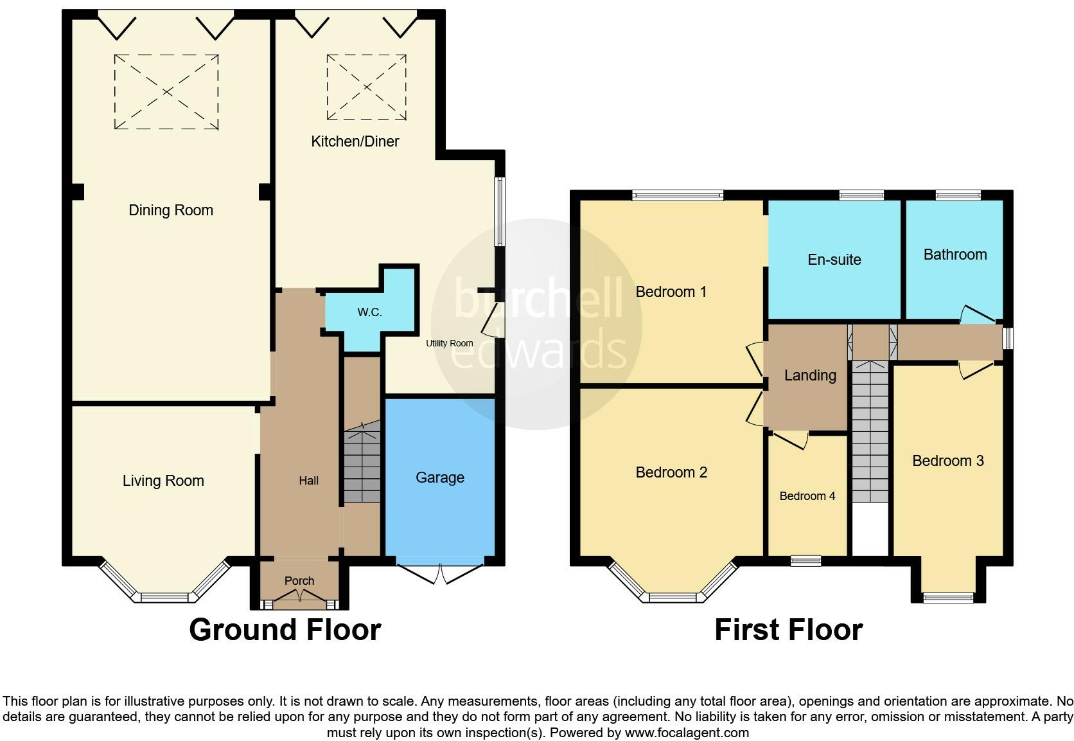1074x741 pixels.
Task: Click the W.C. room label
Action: [x=369, y=312]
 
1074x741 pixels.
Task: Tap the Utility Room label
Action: [x=449, y=343]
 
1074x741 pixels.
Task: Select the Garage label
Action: [x=439, y=478]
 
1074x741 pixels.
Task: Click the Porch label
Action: [x=299, y=581]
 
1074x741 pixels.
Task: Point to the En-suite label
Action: [x=834, y=260]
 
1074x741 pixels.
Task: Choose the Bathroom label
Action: [x=955, y=254]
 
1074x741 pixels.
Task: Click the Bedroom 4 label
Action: [x=807, y=496]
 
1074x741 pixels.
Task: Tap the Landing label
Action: [x=810, y=375]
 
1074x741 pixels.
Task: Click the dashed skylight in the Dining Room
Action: [x=166, y=92]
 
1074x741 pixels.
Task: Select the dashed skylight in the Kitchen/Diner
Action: [x=366, y=87]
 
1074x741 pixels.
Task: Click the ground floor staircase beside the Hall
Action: [x=362, y=463]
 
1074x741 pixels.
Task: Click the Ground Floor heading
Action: [x=285, y=630]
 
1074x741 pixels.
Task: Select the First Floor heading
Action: [x=788, y=630]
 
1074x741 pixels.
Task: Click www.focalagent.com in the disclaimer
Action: [x=687, y=733]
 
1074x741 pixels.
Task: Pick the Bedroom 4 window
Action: [x=806, y=561]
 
